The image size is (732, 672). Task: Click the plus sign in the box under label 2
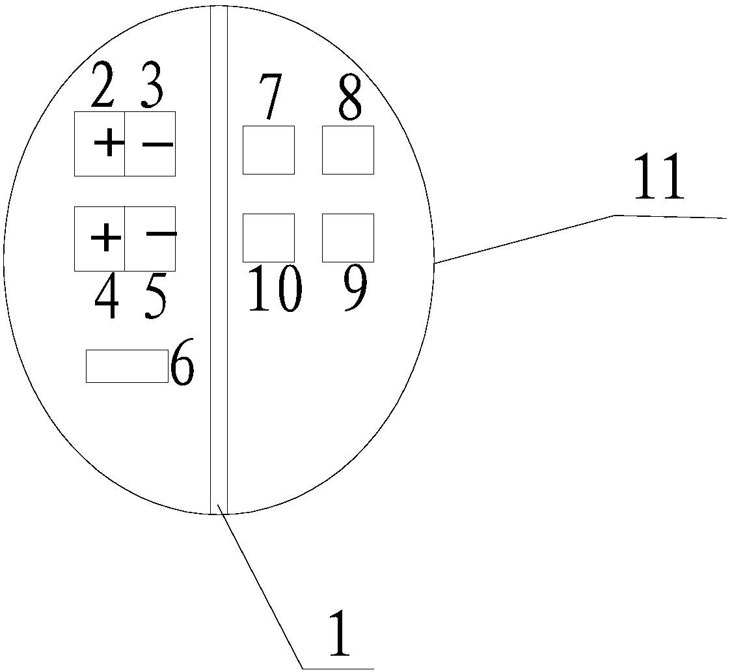coord(109,143)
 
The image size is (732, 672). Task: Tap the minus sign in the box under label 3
coord(157,144)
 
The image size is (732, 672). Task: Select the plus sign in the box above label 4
coord(105,239)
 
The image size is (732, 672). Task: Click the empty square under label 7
coord(268,150)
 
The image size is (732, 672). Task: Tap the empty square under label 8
coord(347,150)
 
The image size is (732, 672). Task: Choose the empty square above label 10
coord(268,238)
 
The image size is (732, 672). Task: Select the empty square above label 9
coord(347,238)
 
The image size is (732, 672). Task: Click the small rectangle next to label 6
coord(127,366)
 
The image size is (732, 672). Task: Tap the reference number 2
coord(103,86)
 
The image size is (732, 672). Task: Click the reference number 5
coord(155,298)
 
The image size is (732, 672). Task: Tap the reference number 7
coord(269,98)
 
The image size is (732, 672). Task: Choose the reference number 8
coord(349,98)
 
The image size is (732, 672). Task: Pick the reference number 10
coord(274,288)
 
